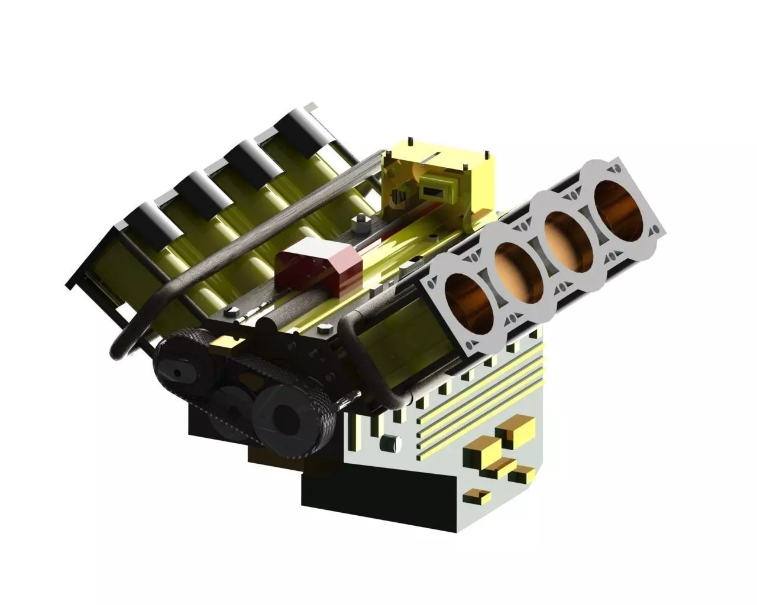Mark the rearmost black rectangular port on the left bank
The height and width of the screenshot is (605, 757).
click(x=300, y=126)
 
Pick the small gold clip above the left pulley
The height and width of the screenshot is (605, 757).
click(x=227, y=341)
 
